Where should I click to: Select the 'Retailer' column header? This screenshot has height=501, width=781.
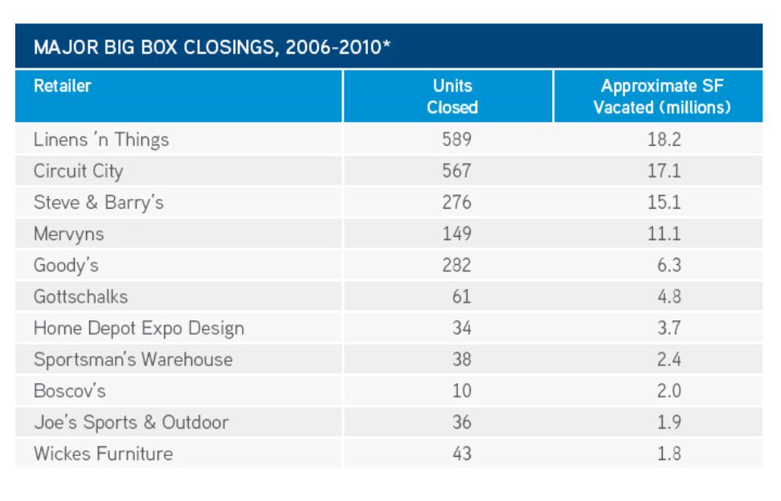62,86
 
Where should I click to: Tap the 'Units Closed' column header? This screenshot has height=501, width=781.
452,96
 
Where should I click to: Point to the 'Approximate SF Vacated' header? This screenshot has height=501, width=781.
662,96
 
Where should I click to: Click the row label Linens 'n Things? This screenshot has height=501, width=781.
101,140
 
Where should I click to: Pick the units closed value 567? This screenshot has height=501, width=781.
456,171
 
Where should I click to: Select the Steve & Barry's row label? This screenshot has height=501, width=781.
99,202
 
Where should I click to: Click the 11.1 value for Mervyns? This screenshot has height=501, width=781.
664,234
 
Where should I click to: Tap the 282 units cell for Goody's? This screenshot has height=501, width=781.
456,265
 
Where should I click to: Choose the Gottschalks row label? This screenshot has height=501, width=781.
80,297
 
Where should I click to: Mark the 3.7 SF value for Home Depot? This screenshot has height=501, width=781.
669,328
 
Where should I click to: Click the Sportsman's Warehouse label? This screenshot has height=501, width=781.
133,360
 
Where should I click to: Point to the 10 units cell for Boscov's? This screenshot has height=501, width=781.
462,391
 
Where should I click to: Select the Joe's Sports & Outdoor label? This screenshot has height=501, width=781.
132,422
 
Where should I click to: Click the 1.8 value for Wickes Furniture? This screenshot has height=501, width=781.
669,454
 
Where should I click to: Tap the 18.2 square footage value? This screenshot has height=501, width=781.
664,140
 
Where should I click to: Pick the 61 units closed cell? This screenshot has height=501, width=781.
462,297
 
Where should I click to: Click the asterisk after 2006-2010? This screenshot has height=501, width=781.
387,44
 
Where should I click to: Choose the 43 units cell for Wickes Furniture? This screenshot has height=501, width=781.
462,454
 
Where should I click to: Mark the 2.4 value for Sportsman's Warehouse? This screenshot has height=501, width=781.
669,360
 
